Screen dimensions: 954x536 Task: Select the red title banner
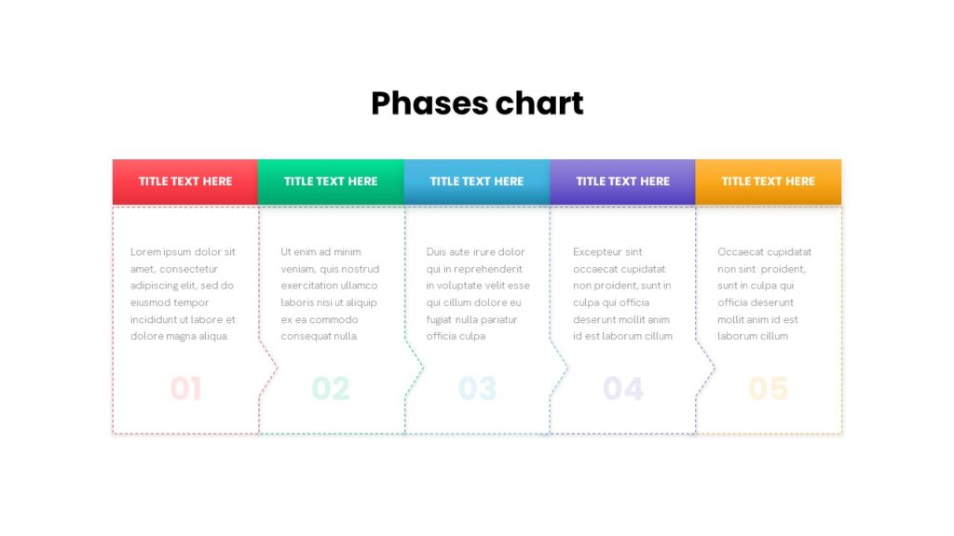(185, 181)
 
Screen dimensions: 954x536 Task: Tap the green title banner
(331, 181)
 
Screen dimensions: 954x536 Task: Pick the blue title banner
(477, 181)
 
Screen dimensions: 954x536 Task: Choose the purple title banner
(622, 181)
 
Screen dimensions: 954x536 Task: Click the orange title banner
(769, 181)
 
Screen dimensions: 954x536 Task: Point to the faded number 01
(185, 388)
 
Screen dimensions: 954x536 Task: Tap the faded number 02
(331, 388)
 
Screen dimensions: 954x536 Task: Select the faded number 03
(477, 388)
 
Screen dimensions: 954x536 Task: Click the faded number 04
(623, 388)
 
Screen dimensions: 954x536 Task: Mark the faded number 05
(768, 388)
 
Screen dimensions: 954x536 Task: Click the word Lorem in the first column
(145, 251)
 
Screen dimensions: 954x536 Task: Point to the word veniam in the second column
(297, 269)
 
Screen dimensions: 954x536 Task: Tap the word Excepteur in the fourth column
(599, 252)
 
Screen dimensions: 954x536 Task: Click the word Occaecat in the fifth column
(739, 251)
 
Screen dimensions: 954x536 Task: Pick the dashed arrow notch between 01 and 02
(268, 368)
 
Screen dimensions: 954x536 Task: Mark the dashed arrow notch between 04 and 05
(705, 368)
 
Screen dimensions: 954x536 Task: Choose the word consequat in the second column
(309, 336)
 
